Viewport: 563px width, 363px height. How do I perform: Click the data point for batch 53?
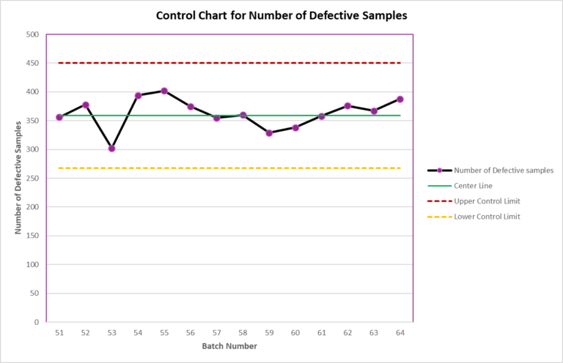111,149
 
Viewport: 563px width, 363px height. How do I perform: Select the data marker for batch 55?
164,91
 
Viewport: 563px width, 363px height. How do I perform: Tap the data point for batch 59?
269,133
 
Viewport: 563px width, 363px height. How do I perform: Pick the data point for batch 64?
400,99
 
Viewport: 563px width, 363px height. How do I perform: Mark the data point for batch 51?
59,117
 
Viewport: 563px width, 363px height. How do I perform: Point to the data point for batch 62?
347,106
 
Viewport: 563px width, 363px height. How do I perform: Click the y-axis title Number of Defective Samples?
18,179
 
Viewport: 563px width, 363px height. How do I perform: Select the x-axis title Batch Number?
229,346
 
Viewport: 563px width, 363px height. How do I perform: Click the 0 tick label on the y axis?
35,322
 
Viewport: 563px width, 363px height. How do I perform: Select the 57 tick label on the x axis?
216,332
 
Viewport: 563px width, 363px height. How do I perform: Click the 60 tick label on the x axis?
295,332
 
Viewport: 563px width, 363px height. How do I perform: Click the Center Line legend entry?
473,186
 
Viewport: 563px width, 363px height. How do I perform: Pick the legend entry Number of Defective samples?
503,171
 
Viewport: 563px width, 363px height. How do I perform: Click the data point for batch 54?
138,95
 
